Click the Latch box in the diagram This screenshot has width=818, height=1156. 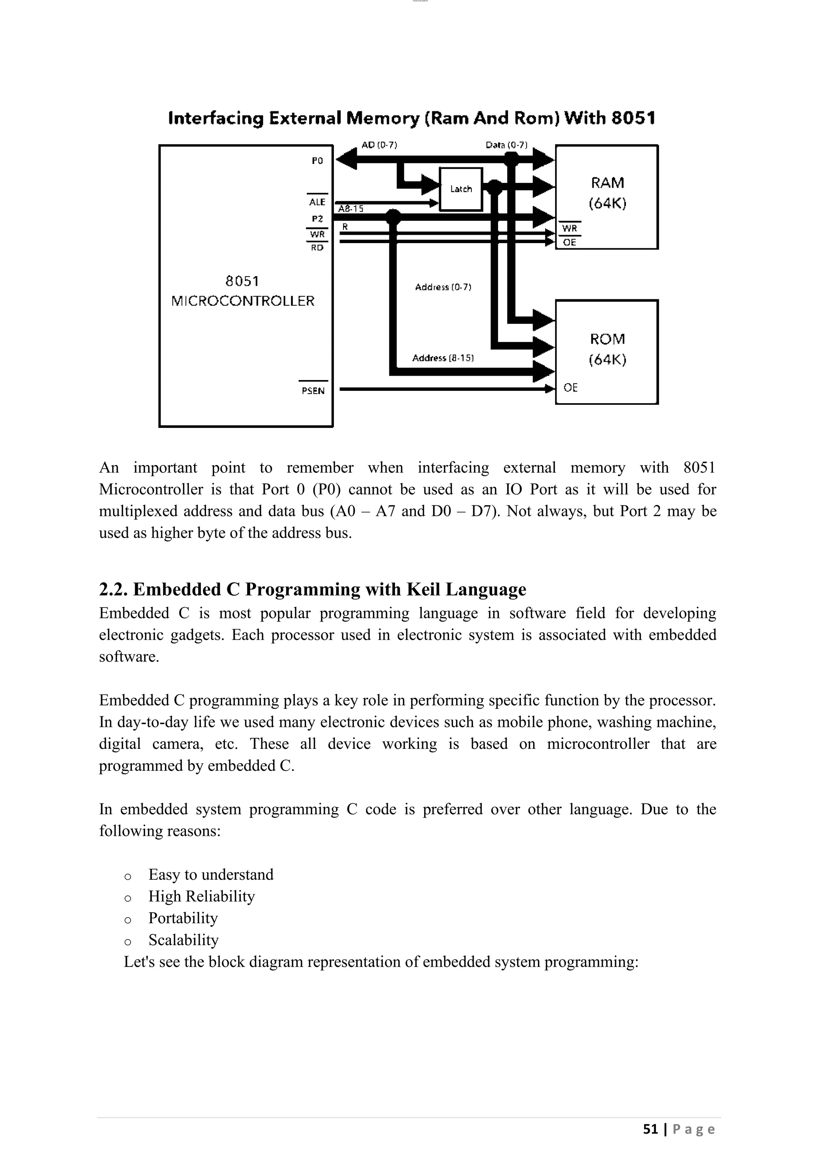point(461,189)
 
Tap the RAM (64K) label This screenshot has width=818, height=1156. point(608,192)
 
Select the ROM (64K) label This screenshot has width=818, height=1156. point(608,349)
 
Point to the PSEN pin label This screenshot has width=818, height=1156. point(313,391)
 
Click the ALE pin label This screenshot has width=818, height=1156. point(317,202)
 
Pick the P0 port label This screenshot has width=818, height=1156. point(317,160)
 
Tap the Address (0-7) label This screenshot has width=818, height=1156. point(443,287)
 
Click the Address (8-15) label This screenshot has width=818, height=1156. point(443,358)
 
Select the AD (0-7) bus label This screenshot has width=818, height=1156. point(379,145)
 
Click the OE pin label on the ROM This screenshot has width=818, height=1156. point(570,387)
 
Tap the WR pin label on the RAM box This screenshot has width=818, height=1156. point(570,228)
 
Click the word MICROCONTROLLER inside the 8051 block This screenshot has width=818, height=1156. point(243,301)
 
